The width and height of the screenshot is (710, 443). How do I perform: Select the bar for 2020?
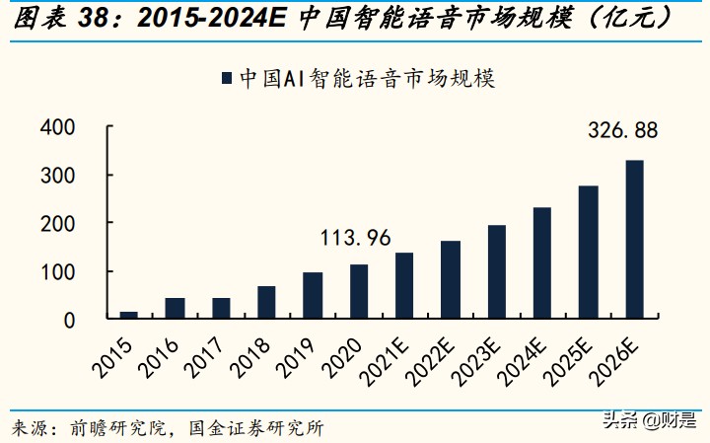click(x=358, y=292)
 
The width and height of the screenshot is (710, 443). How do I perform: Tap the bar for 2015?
click(x=128, y=315)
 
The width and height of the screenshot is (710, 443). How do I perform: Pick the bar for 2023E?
click(x=496, y=272)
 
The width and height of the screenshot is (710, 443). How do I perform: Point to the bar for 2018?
click(x=266, y=303)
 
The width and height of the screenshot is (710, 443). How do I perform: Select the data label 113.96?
click(x=356, y=238)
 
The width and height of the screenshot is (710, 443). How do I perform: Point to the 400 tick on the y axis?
click(x=57, y=127)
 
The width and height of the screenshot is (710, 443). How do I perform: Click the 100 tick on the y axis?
click(x=57, y=271)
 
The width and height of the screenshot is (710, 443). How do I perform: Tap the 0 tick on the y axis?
click(x=69, y=320)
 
